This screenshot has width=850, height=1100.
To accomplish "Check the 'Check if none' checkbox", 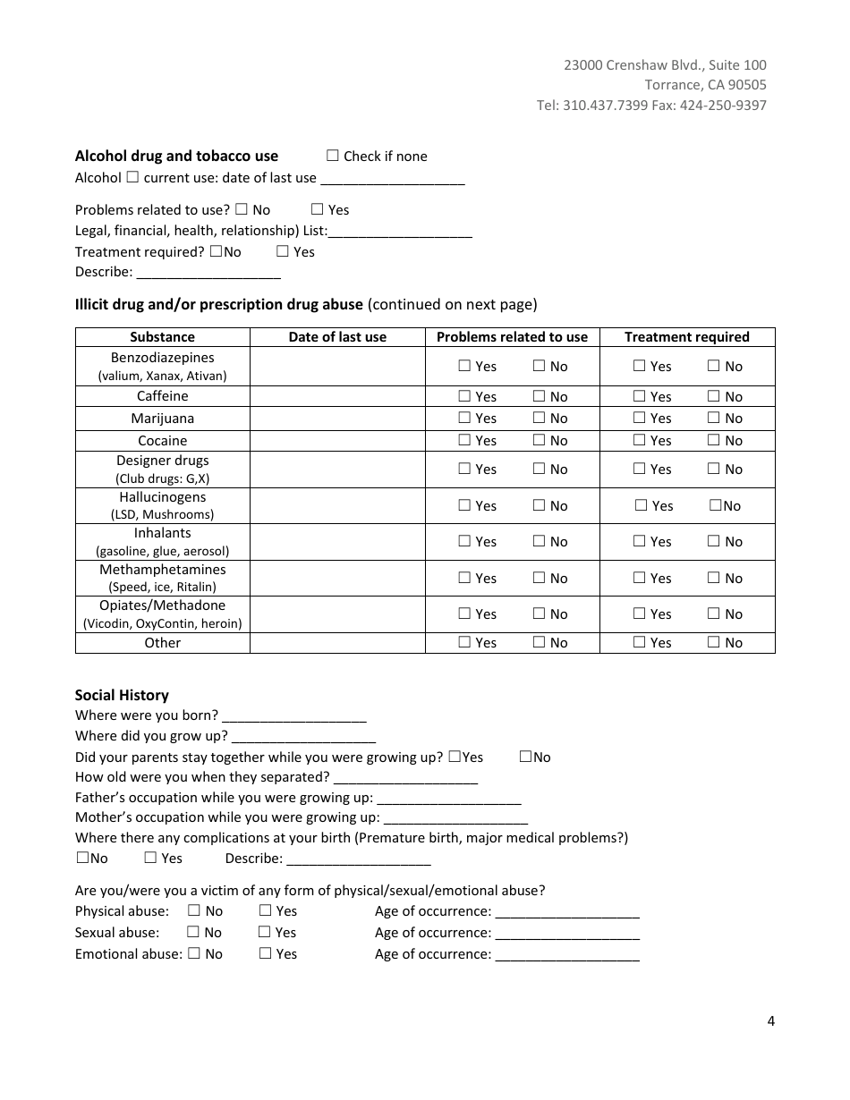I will (333, 156).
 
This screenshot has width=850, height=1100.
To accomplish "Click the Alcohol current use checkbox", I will (132, 177).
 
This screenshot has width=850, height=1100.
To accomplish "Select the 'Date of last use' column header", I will (337, 337).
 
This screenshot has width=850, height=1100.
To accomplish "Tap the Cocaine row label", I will (163, 441).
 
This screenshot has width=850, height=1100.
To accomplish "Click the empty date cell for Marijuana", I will (337, 419).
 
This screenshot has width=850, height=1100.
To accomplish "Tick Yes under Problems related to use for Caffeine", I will (464, 396).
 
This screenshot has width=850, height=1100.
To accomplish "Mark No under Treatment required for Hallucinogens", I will (716, 505).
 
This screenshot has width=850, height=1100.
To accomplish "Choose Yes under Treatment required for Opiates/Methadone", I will (640, 613).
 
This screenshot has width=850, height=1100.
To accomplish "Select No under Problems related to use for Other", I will (540, 642).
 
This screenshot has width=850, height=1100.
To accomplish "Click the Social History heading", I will (122, 695).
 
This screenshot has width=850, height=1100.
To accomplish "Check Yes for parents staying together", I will (455, 757).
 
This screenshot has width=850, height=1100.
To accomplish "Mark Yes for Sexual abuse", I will (265, 932).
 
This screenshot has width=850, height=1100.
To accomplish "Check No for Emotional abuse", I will (192, 953).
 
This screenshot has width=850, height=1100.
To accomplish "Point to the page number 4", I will (770, 1021).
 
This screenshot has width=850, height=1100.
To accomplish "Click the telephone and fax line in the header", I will (651, 105).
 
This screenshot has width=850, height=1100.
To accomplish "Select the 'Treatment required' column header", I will (686, 337).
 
